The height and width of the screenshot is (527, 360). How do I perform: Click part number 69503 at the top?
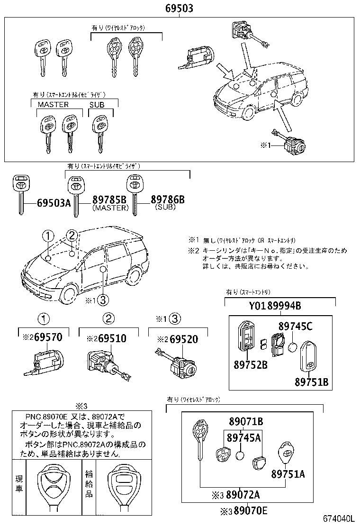(x=179, y=8)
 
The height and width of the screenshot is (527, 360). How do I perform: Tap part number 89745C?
(x=295, y=326)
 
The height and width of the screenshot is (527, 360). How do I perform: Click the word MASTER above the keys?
(x=53, y=104)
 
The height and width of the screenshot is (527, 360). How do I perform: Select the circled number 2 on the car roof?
(x=72, y=235)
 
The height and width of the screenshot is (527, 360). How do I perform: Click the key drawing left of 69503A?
(x=20, y=193)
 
